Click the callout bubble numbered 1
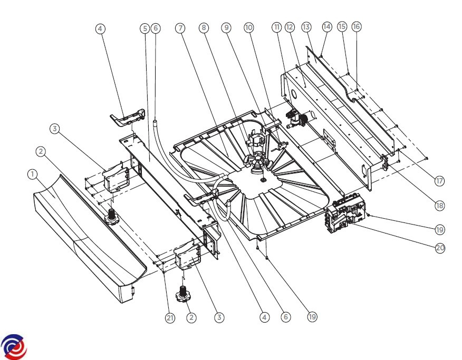[x=32, y=174]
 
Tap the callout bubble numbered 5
[x=145, y=28]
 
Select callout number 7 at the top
[x=180, y=28]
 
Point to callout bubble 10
[x=249, y=27]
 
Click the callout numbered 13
[x=306, y=27]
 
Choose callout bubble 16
[x=357, y=27]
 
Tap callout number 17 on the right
[x=439, y=181]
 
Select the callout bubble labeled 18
[x=440, y=206]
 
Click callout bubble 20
[x=440, y=248]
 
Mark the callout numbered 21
[x=170, y=318]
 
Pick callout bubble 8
[x=204, y=28]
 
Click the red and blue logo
[x=14, y=347]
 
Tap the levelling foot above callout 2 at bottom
[x=182, y=294]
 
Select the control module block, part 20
[x=345, y=215]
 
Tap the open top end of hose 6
[x=155, y=120]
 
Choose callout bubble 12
[x=290, y=27]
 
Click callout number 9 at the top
[x=226, y=27]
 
